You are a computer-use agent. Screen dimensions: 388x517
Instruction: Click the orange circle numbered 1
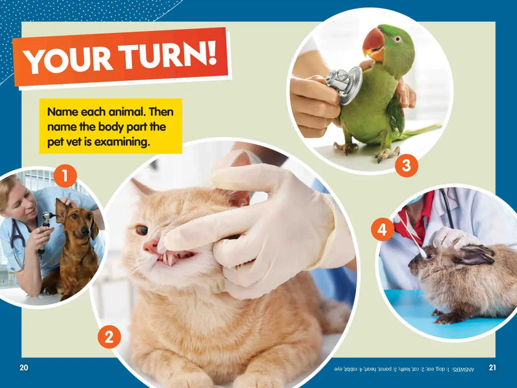tap(65, 175)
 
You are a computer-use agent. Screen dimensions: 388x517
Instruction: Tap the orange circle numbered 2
tap(109, 336)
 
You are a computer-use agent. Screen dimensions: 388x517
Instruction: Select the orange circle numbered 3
tap(406, 166)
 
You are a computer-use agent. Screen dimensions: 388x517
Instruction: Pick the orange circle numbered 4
tap(383, 230)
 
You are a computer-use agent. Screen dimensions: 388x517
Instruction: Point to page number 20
tap(24, 368)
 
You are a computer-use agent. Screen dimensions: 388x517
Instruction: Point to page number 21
tap(492, 368)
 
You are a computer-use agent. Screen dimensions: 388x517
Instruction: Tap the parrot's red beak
tap(373, 42)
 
